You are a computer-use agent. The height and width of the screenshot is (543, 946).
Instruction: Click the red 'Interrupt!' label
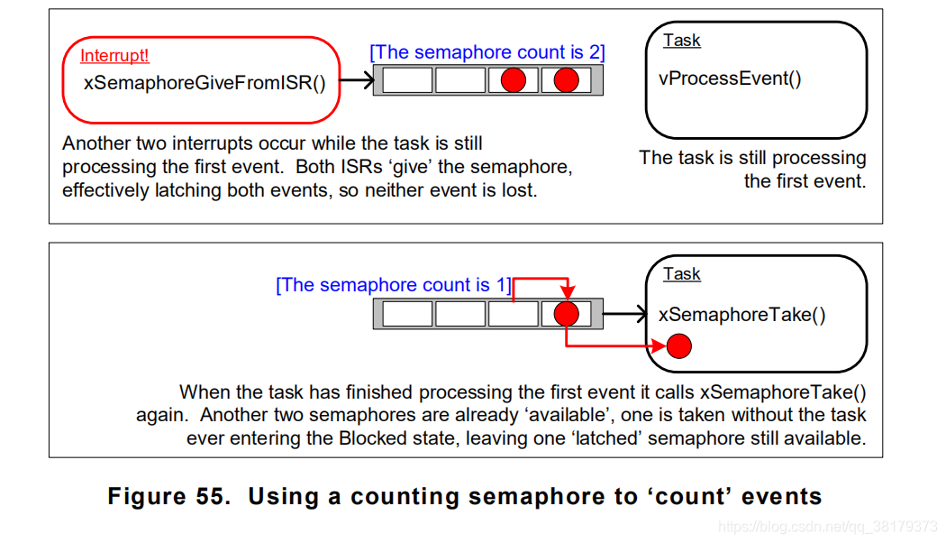114,56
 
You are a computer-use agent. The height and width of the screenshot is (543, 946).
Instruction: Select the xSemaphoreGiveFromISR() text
204,83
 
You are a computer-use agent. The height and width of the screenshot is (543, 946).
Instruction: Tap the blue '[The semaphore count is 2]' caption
487,52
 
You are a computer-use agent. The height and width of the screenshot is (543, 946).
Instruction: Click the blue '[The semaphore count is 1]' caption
394,285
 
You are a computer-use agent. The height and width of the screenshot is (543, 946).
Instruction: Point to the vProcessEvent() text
730,78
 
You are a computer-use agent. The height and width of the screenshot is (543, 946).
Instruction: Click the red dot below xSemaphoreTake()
679,345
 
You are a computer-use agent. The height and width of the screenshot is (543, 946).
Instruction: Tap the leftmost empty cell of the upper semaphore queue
408,80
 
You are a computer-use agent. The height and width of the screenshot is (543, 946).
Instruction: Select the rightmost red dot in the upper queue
566,80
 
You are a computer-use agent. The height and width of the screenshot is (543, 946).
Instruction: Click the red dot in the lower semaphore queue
566,314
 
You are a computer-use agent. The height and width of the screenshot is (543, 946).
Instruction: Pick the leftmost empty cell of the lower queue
408,314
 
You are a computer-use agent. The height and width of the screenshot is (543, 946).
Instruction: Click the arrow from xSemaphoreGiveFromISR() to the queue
356,81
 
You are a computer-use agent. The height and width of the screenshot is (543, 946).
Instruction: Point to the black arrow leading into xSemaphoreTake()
625,314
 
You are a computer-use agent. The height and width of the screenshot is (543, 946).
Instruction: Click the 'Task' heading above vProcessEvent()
681,41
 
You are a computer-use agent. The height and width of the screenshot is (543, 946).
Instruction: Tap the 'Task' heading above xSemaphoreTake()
681,274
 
